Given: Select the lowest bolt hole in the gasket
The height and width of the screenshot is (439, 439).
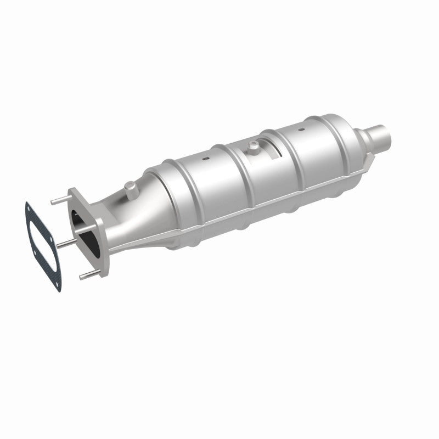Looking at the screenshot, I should point(59,284).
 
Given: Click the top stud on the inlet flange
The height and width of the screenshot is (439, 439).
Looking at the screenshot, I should point(57,200).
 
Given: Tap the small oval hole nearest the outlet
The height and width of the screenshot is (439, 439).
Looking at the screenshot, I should point(300,130).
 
